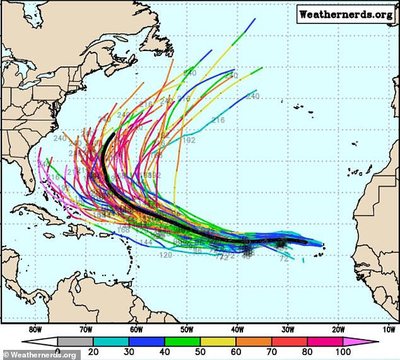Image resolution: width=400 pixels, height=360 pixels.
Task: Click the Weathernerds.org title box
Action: (346, 14)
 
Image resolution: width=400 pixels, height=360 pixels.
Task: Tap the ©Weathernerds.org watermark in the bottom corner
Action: (40, 354)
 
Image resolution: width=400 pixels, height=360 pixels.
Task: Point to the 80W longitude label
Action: (35, 329)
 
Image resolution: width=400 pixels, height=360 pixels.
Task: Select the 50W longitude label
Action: (187, 329)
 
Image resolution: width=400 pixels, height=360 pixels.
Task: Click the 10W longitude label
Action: (389, 329)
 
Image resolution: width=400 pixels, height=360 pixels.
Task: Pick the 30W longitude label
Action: (288, 329)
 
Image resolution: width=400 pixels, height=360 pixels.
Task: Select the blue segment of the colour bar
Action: (141, 342)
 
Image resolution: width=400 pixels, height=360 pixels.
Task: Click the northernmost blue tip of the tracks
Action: (255, 19)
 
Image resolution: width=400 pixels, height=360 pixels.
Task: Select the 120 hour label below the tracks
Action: (166, 255)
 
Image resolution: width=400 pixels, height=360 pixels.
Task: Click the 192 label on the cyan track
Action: (189, 140)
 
